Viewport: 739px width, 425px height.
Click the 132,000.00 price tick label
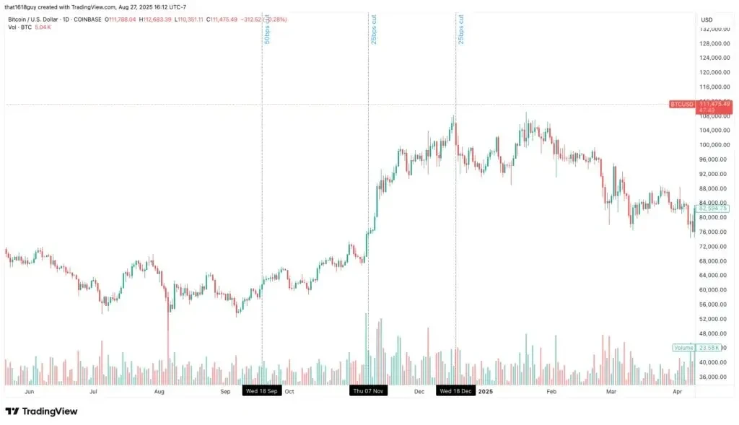718,30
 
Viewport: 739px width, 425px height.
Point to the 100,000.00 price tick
718,144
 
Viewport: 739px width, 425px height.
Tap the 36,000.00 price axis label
717,377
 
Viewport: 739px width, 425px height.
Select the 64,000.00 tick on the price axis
717,275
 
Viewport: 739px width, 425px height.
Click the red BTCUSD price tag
682,105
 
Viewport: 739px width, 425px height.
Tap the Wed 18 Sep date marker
261,391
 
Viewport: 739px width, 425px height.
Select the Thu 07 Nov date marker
368,391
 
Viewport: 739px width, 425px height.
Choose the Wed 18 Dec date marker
455,391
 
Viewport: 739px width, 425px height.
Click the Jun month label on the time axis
30,391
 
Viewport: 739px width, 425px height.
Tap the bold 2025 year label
486,391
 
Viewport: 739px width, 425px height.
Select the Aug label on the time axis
159,391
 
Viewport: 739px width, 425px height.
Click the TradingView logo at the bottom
41,411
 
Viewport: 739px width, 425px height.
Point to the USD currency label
707,19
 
